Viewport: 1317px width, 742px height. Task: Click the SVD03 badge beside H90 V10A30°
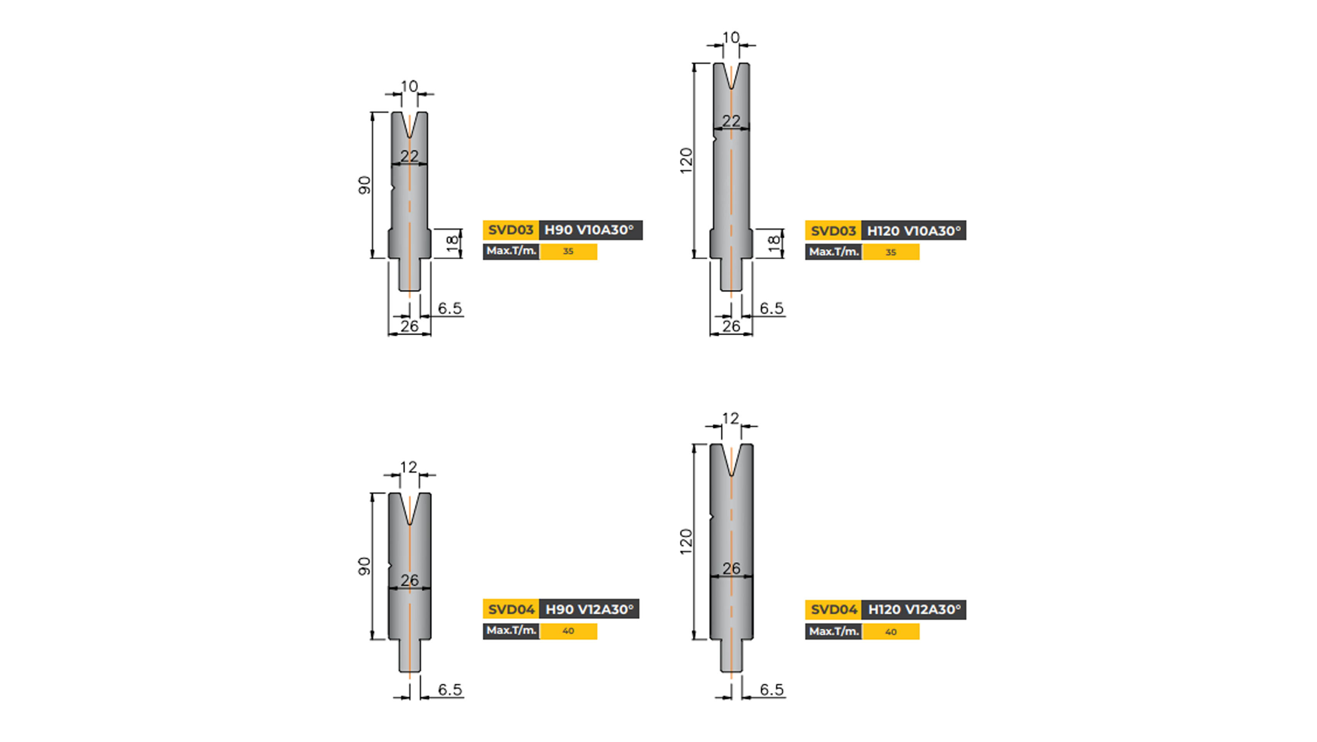[510, 230]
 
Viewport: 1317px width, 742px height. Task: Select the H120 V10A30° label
[914, 231]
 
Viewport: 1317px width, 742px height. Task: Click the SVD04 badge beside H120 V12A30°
[833, 609]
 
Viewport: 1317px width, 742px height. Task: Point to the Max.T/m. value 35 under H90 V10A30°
[568, 252]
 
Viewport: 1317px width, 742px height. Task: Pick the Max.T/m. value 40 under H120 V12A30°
[890, 631]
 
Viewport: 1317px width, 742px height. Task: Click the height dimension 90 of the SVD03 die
[364, 185]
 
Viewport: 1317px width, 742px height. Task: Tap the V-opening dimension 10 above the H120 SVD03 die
[731, 37]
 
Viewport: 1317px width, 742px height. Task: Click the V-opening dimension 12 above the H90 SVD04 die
[408, 467]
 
